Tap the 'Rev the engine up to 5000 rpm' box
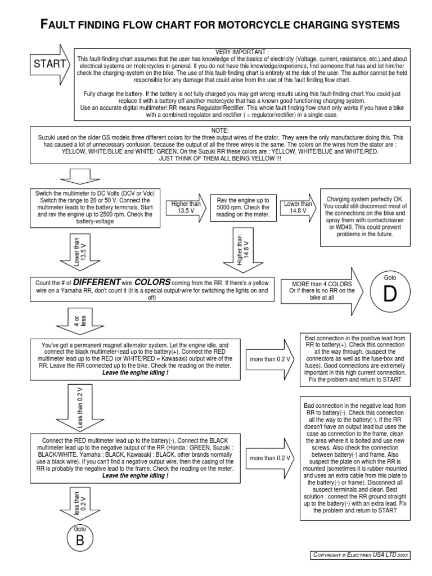click(x=243, y=208)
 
